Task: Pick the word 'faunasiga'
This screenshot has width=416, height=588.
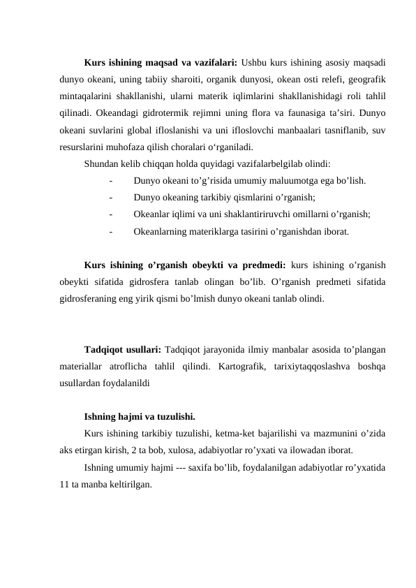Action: tap(305, 113)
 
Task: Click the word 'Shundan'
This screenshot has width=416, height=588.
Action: tap(101, 165)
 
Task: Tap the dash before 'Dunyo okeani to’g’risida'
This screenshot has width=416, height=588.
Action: tap(112, 181)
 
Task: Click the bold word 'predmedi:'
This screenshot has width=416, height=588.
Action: tap(261, 265)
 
